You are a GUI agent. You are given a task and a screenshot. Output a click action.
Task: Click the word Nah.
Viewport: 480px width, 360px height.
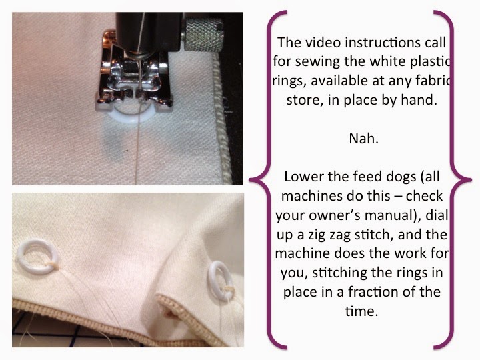[363, 139]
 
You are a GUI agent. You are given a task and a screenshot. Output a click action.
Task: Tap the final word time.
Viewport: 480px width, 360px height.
[361, 311]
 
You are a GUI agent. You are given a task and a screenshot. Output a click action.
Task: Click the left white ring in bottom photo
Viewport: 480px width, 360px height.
[38, 256]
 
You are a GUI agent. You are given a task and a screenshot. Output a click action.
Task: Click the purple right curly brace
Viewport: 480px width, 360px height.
[453, 180]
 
